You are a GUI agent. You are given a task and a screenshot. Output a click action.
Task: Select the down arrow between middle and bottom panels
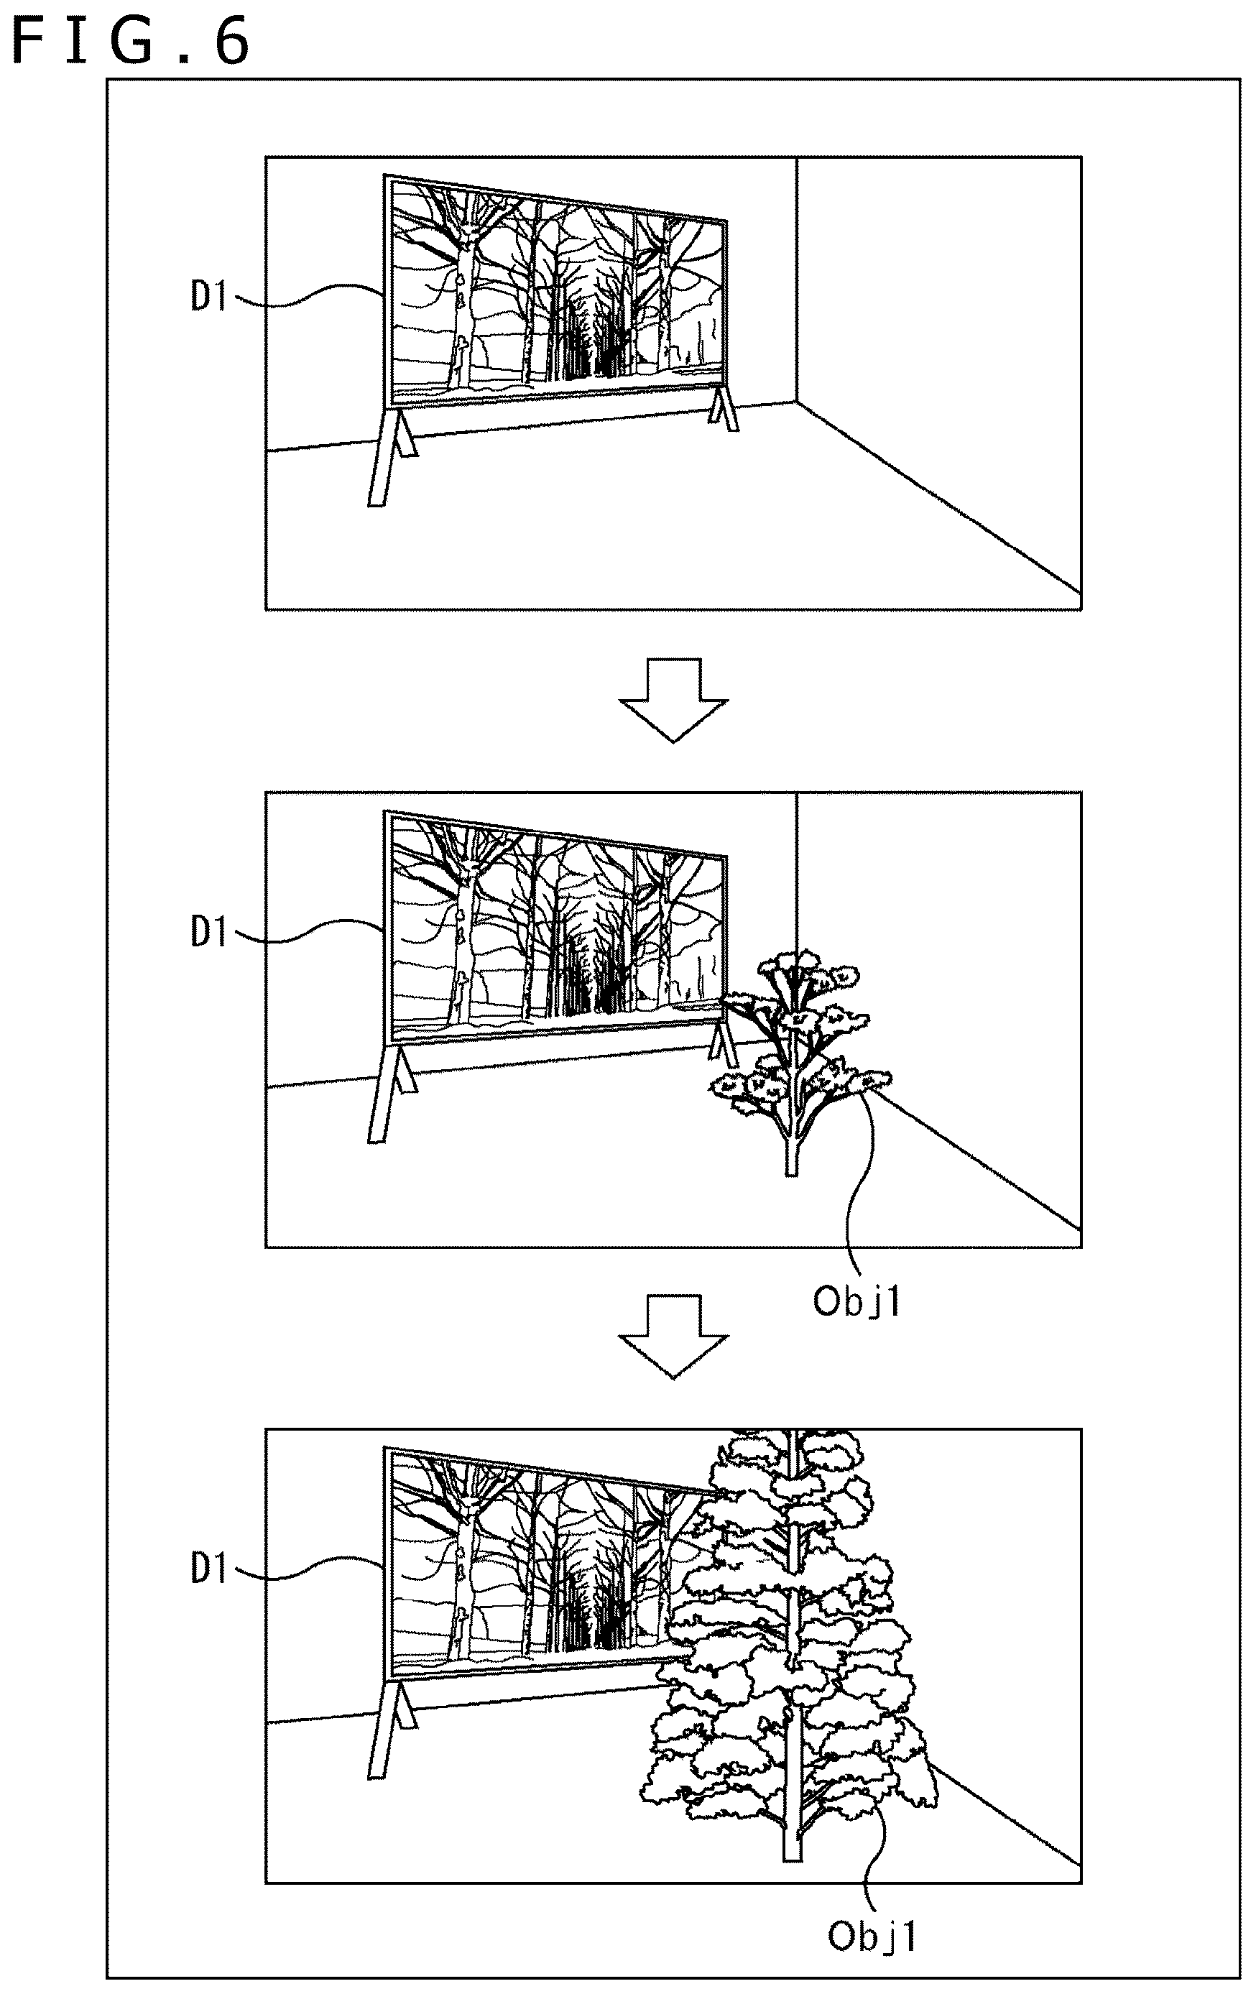click(674, 1337)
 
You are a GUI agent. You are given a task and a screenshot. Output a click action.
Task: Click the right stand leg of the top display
click(723, 408)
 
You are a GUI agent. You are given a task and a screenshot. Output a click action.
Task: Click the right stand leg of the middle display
click(724, 1044)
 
